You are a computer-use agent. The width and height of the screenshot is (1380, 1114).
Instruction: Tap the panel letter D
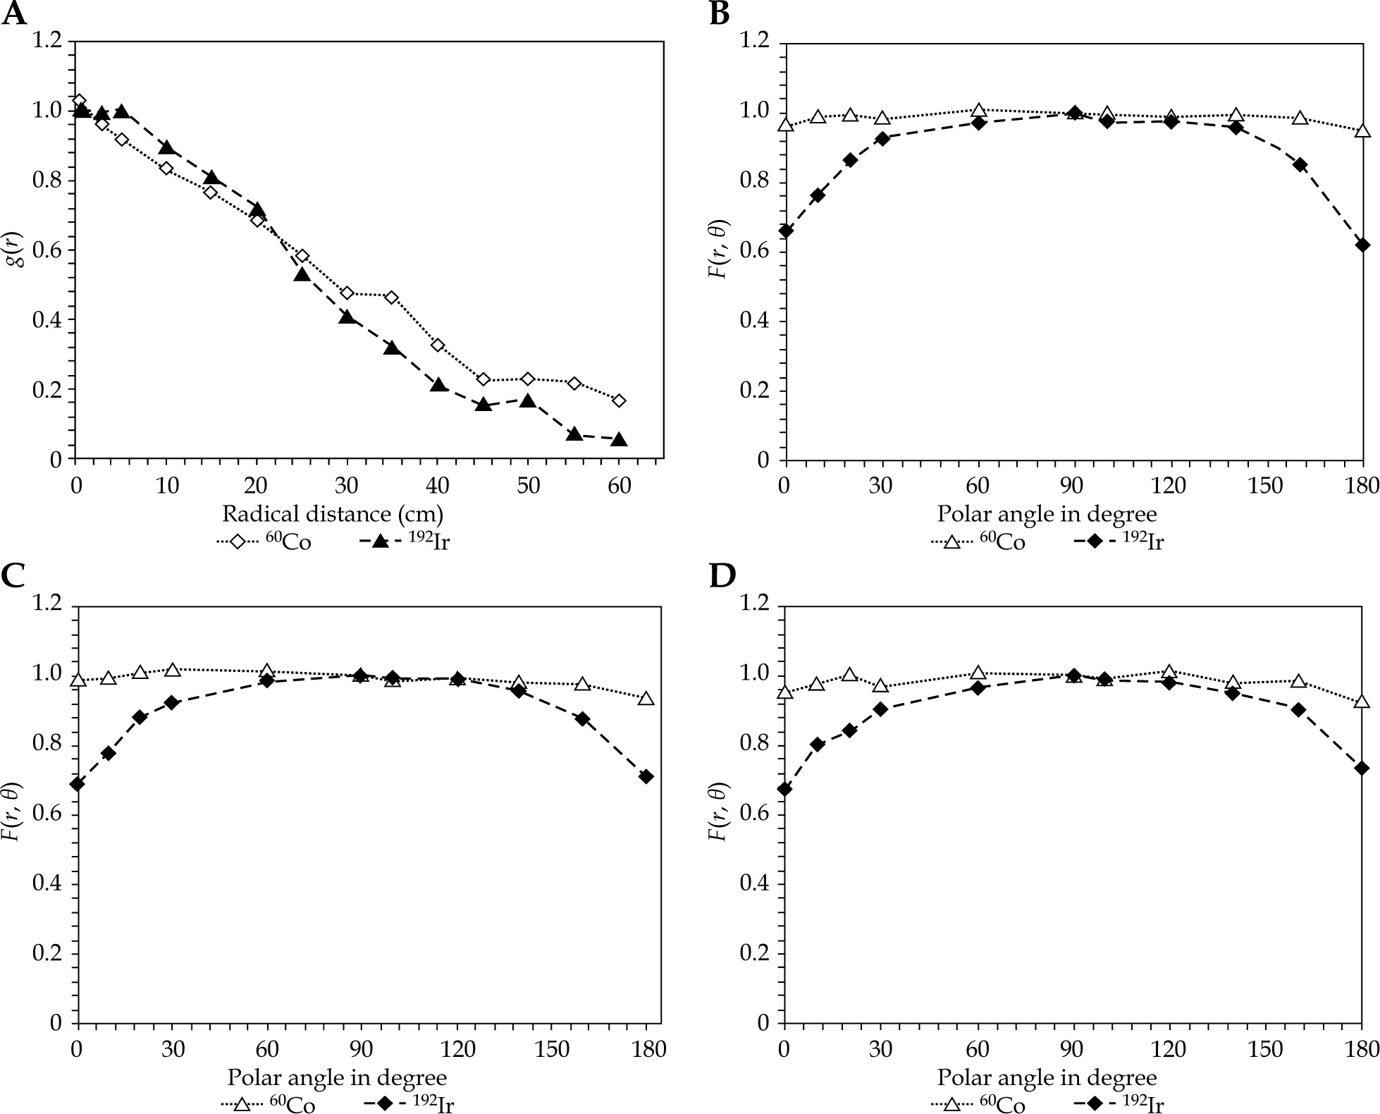pos(722,575)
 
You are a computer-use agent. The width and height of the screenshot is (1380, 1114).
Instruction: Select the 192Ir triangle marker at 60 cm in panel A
pos(619,439)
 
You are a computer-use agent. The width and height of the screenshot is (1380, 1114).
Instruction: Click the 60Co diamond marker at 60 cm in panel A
pos(619,400)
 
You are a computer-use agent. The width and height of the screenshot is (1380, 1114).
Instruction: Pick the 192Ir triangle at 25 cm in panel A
pos(302,274)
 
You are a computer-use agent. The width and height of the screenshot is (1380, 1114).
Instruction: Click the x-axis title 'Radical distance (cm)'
pos(333,513)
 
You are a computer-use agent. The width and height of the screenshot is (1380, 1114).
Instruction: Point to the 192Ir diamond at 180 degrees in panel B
pos(1362,245)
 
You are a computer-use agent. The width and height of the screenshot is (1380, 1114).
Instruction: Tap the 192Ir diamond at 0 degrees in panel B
pos(786,231)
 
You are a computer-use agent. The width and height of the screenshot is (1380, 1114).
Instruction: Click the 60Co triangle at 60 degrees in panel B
pos(978,110)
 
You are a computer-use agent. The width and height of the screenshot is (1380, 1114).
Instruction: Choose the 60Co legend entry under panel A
pos(263,541)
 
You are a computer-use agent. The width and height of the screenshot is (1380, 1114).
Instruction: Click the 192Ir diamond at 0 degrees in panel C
pos(78,783)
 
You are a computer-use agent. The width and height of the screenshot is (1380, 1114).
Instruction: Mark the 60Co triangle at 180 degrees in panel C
pos(646,699)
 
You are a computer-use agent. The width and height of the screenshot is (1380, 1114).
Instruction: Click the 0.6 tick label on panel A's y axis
pos(47,250)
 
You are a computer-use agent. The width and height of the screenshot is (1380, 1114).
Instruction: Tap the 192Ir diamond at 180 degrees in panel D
pos(1362,768)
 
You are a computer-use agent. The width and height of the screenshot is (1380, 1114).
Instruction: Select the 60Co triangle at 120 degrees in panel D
pos(1169,671)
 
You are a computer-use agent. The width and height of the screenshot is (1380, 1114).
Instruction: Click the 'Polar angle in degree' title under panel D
pos(1047,1077)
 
